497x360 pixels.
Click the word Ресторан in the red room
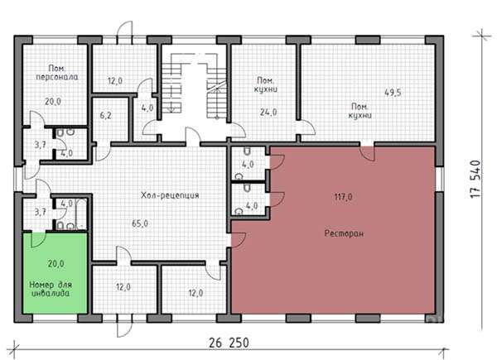[344, 234]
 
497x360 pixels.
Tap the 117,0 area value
[343, 197]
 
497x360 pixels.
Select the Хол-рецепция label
[170, 195]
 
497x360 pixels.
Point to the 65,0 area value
[140, 223]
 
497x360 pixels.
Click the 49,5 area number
[393, 93]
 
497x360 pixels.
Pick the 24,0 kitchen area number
[268, 112]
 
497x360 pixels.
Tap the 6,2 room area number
[106, 116]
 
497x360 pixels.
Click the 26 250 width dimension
[229, 343]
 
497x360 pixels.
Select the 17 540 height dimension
[475, 180]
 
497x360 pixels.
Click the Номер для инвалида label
[51, 289]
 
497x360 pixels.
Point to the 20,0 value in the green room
[55, 263]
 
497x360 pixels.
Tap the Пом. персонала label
[57, 73]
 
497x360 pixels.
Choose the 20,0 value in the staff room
[53, 102]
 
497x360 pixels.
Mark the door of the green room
[39, 240]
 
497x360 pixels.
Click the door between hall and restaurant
[239, 240]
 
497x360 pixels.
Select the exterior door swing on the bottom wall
[124, 325]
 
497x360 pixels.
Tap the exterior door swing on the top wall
[124, 32]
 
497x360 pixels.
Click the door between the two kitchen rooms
[306, 127]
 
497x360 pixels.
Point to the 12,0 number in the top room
[115, 81]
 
